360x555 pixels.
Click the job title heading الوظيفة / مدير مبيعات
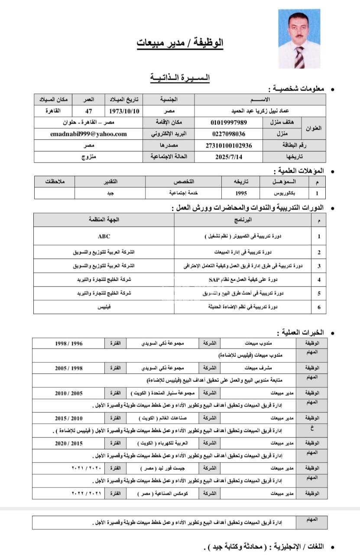pos(180,43)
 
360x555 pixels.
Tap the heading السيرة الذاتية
pos(180,78)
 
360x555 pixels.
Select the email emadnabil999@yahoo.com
pos(88,134)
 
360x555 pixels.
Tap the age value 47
pos(88,111)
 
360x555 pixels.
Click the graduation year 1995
pos(241,193)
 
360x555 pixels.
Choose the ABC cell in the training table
pos(104,236)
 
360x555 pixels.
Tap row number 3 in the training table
pos(319,266)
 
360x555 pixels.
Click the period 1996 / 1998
pos(68,343)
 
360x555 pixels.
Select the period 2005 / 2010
pos(68,393)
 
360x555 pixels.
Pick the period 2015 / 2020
pos(68,444)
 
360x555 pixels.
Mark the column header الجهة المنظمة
pos(104,220)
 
